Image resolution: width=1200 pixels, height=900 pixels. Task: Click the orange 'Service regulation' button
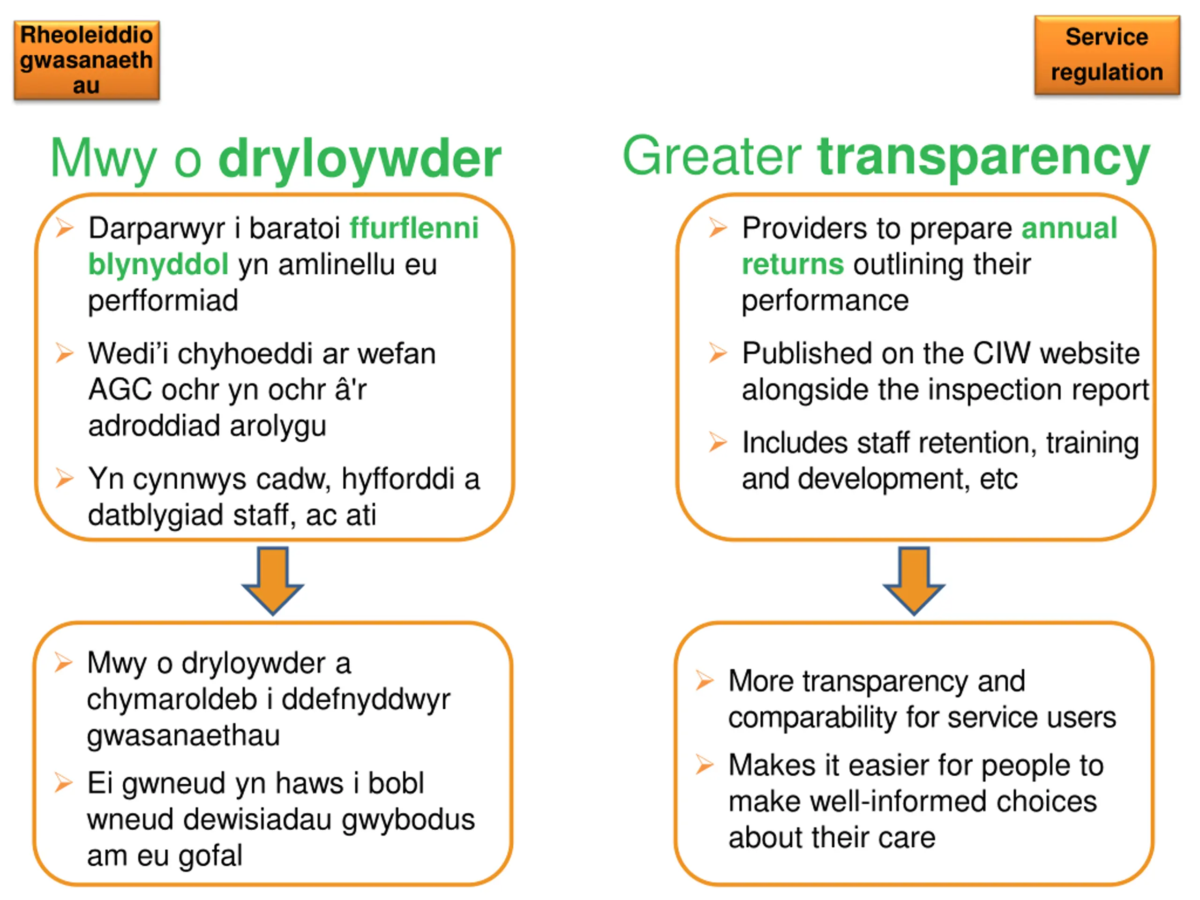(x=1107, y=55)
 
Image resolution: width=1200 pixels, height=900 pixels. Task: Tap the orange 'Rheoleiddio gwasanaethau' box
(x=87, y=60)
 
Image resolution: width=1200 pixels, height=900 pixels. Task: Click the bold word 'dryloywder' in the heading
(x=360, y=158)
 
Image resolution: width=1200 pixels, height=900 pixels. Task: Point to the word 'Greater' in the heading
(x=712, y=156)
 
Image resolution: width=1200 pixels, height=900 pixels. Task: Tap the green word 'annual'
(x=1069, y=228)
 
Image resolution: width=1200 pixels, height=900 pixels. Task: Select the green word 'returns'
(x=793, y=265)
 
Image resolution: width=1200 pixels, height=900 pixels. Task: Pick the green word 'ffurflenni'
(x=414, y=228)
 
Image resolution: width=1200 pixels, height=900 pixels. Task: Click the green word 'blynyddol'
(x=158, y=265)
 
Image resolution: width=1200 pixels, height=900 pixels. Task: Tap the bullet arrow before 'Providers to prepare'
(x=717, y=227)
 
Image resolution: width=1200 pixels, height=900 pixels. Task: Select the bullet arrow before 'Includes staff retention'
(x=717, y=442)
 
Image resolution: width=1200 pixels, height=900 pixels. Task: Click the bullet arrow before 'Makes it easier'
(x=704, y=765)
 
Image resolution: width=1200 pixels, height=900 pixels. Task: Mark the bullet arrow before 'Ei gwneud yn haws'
(x=63, y=782)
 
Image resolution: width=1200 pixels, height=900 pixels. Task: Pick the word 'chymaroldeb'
(x=172, y=699)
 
